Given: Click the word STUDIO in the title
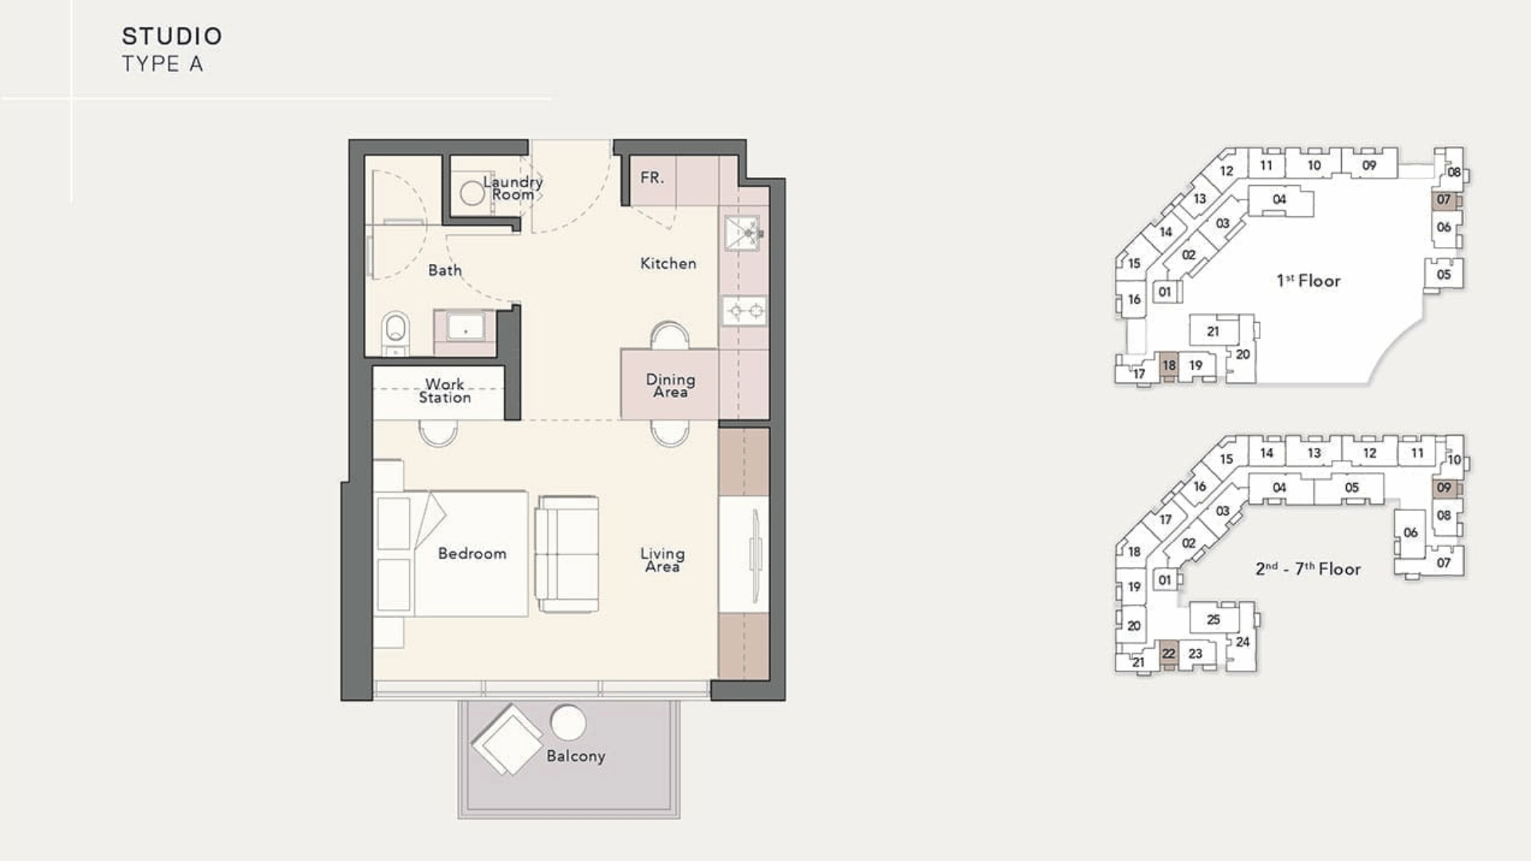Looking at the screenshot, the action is [x=172, y=36].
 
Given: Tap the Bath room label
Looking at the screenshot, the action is [x=445, y=270].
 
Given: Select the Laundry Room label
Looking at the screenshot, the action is [x=513, y=188].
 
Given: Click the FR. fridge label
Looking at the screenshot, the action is [x=652, y=177].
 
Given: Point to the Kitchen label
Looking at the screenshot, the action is [x=668, y=263].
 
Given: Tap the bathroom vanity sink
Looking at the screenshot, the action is [x=465, y=327].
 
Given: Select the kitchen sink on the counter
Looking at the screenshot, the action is [x=742, y=233].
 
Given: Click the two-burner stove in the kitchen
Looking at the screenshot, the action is [x=745, y=310].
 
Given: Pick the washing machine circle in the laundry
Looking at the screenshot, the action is [x=472, y=192].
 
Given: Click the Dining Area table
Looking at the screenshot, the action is [x=670, y=383].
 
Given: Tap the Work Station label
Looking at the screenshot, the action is [x=445, y=391].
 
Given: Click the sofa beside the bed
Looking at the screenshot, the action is [x=567, y=554].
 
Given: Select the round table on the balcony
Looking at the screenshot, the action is [x=568, y=723].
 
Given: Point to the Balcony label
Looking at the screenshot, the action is [x=576, y=756].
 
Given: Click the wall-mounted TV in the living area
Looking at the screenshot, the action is [x=755, y=554].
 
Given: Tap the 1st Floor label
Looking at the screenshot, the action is [x=1309, y=281].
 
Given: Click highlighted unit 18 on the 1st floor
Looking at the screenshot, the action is [x=1169, y=366].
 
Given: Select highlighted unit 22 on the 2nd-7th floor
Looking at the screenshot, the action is [x=1169, y=654].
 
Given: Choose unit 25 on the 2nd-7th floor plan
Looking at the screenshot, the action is [x=1214, y=619].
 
